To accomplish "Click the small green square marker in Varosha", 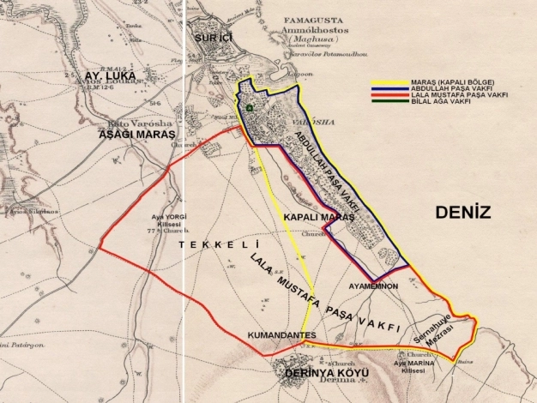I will tap(249, 108).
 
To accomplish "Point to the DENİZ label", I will tap(462, 213).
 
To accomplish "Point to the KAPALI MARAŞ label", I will tap(318, 218).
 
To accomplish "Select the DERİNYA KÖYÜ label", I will tap(316, 376).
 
